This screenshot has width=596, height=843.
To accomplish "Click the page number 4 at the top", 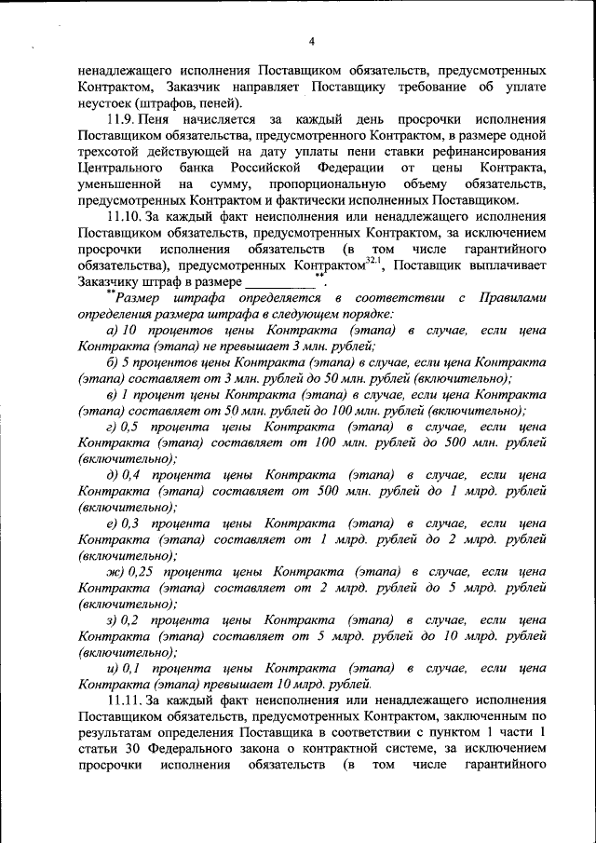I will tap(311, 40).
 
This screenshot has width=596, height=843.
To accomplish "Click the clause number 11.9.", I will tap(123, 120).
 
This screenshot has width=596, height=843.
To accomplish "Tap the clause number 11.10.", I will tap(127, 216).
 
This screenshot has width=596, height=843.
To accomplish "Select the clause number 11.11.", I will tap(127, 698).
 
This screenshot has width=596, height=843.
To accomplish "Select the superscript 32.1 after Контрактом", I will tap(373, 260).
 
